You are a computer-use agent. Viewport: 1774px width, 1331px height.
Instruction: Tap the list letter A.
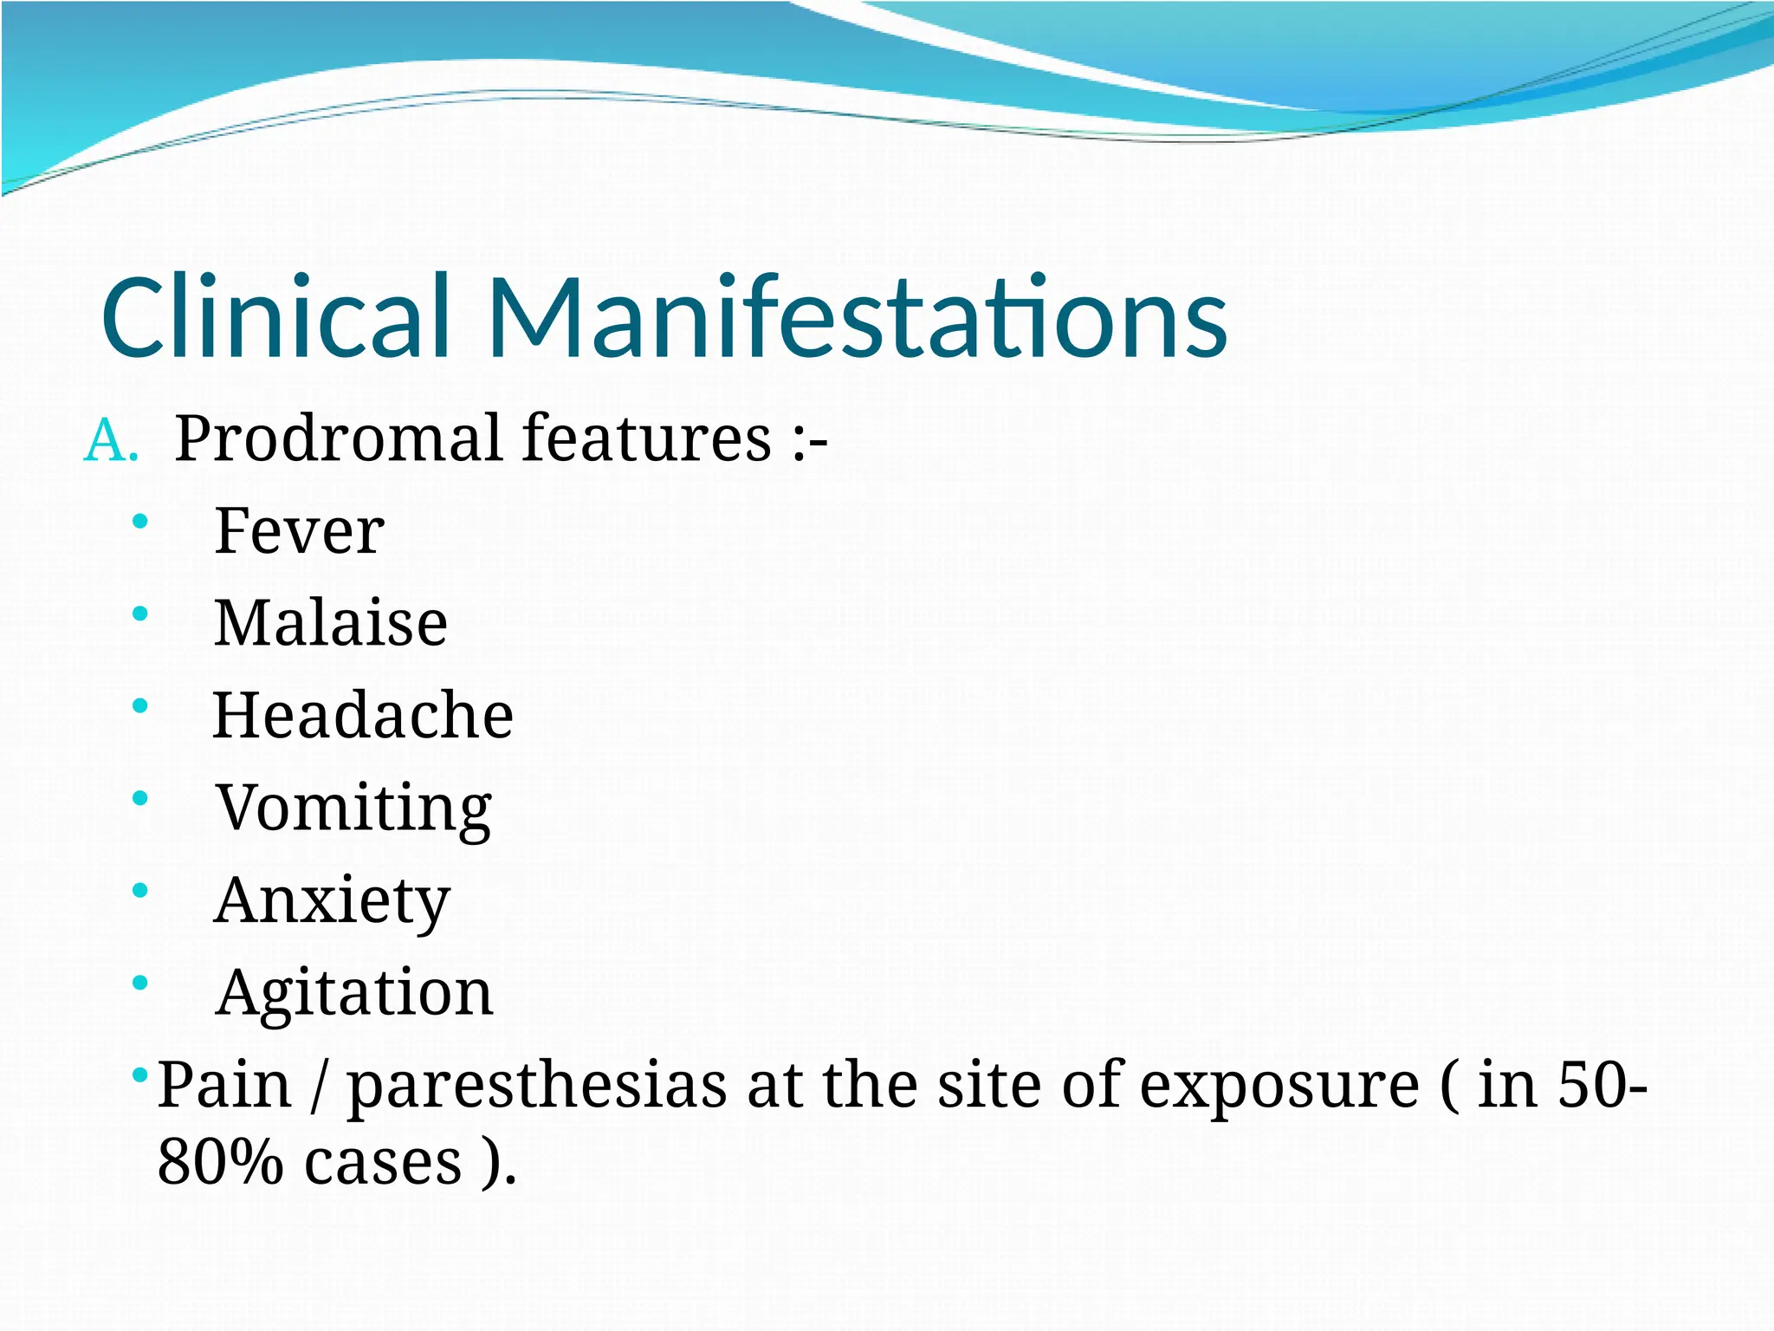point(111,440)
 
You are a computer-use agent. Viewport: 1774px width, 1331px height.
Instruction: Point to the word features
point(646,438)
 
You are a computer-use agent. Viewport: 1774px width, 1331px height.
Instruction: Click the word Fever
point(299,530)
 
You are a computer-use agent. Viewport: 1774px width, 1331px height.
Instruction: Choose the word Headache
point(363,715)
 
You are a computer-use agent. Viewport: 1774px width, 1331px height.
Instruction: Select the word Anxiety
point(332,901)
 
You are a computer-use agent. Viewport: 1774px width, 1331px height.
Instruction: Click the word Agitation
point(354,993)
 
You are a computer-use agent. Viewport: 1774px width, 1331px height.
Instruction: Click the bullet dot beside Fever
point(140,522)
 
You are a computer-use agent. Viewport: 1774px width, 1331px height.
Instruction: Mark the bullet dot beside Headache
point(140,706)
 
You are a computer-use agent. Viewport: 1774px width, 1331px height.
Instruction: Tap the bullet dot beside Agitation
point(140,984)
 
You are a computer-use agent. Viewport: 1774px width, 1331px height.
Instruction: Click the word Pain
point(224,1085)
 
